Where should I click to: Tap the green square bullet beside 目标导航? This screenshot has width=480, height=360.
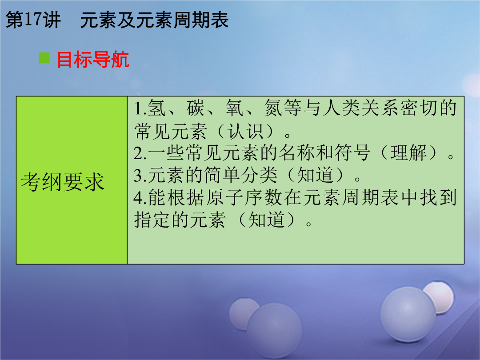click(44, 58)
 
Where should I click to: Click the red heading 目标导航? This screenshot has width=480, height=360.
click(93, 60)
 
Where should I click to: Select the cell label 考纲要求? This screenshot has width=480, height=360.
click(63, 182)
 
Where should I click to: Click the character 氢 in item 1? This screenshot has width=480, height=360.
click(156, 108)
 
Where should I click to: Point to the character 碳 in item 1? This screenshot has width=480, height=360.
click(195, 108)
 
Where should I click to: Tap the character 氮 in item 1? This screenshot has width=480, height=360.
click(273, 108)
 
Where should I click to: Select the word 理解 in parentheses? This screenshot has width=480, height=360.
click(409, 153)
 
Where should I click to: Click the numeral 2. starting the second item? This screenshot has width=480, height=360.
click(140, 153)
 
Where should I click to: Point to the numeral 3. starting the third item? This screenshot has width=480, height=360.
click(140, 176)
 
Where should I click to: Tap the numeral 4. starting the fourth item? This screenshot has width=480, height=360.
click(140, 198)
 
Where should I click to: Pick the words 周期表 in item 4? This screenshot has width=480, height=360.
click(370, 198)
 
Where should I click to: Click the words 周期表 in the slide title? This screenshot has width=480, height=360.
click(201, 20)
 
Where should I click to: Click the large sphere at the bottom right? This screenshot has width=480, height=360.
click(408, 314)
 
